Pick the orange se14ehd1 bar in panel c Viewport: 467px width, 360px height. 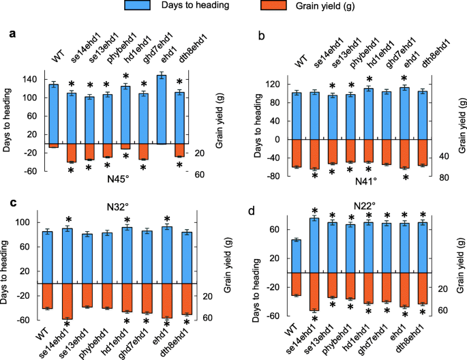pyautogui.click(x=67, y=301)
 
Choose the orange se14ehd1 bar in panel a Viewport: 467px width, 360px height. pyautogui.click(x=72, y=153)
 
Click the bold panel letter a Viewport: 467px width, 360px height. pyautogui.click(x=12, y=33)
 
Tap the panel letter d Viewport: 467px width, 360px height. pyautogui.click(x=252, y=208)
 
